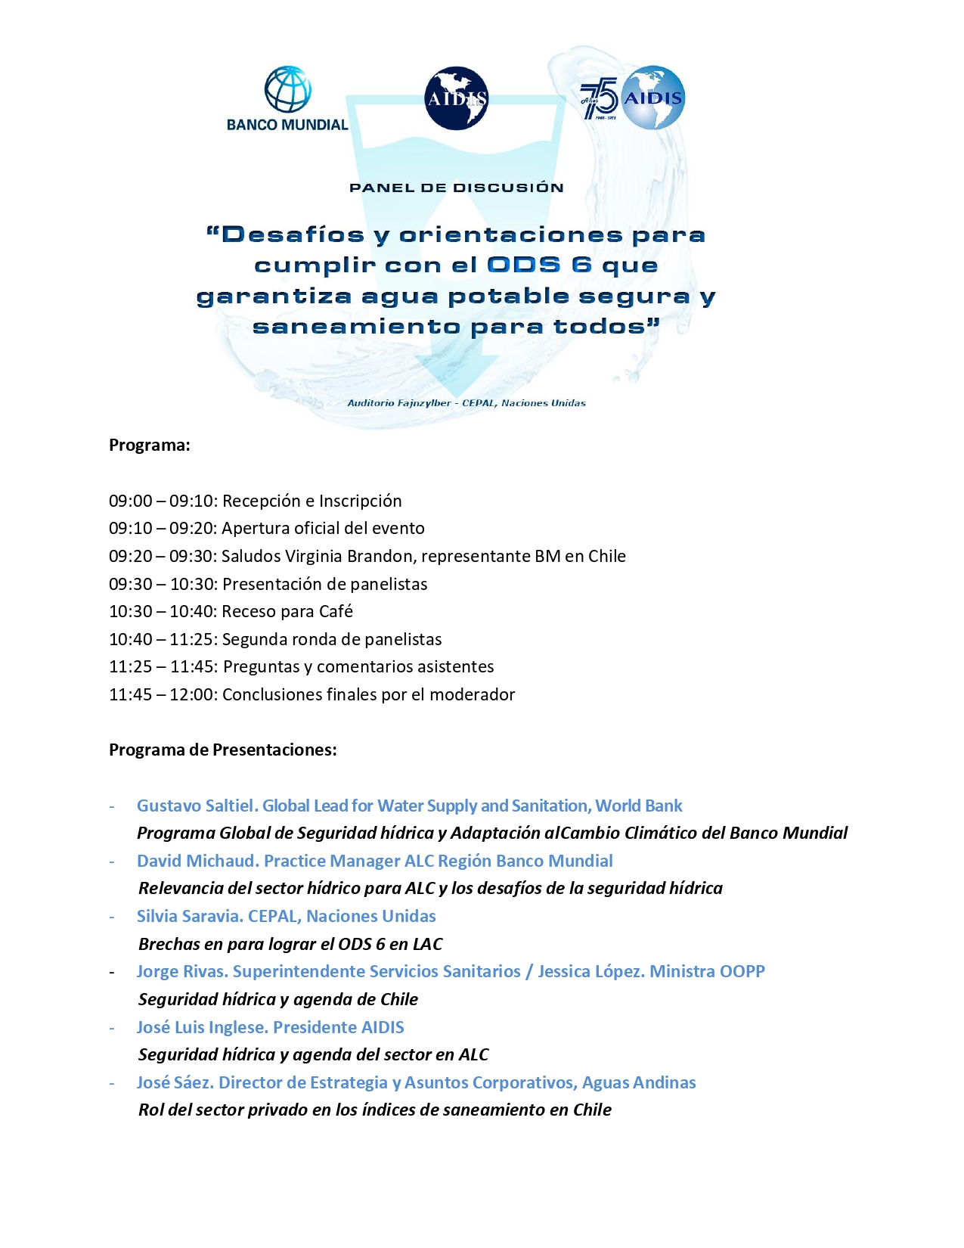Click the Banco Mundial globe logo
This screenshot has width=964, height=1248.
pos(287,91)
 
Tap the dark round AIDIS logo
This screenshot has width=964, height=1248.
pos(457,99)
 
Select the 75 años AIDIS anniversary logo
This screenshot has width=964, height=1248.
pos(634,98)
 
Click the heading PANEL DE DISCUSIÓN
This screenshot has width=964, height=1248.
pos(457,188)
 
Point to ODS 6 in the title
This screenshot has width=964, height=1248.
pos(539,265)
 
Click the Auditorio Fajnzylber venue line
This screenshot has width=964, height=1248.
pos(467,403)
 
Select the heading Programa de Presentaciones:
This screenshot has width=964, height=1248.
pos(223,750)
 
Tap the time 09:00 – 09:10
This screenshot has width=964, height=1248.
pos(162,501)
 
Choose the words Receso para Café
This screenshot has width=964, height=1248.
pos(287,611)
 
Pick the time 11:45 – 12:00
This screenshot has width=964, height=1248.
pos(162,694)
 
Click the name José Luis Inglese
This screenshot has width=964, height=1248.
pos(201,1027)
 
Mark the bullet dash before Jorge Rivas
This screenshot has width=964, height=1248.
pos(113,972)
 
